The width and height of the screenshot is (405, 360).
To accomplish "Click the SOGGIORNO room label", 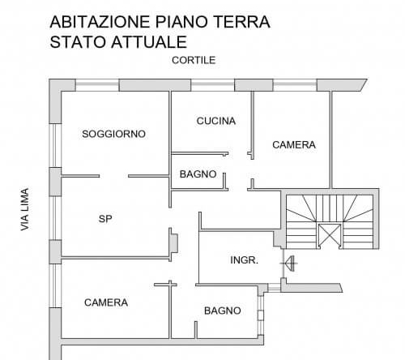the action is [x=113, y=134].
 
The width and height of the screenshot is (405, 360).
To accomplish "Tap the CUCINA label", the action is [x=216, y=121].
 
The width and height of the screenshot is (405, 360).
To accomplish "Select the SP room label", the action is [x=105, y=219].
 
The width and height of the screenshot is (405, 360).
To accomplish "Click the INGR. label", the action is [x=244, y=260].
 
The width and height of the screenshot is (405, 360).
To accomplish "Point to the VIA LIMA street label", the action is [x=25, y=209].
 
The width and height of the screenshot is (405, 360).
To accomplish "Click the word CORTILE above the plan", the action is [x=194, y=60].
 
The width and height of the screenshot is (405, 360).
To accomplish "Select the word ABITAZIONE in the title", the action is [x=100, y=22].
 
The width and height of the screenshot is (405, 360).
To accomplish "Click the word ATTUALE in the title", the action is [x=149, y=42].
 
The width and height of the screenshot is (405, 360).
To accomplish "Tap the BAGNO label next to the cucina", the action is [x=198, y=174].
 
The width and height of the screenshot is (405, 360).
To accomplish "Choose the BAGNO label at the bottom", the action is [x=223, y=311].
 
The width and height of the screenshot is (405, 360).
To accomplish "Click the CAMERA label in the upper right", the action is [x=294, y=144].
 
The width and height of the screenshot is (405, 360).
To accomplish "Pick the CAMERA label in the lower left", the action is [x=106, y=302].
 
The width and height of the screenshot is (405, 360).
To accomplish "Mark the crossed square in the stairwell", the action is [x=330, y=235].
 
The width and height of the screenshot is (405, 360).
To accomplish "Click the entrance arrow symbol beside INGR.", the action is [x=289, y=264].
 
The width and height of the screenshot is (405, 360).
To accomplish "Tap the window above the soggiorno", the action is [x=97, y=85].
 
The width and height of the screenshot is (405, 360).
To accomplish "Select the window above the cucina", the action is [x=213, y=85].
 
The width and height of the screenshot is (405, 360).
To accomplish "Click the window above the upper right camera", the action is [x=295, y=85].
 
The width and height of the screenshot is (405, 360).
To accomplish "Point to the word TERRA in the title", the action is [x=241, y=22].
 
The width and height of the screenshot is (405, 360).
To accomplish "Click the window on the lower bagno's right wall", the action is [x=261, y=315].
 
